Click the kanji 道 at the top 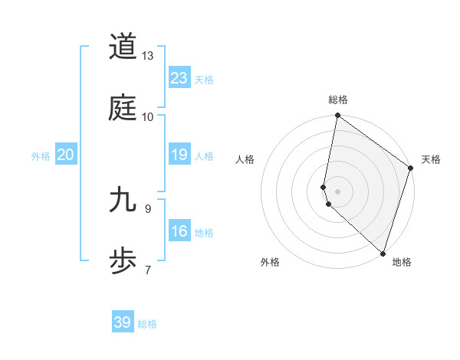point(123,47)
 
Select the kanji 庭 point(123,108)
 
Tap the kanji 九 point(123,200)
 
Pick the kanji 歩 point(123,260)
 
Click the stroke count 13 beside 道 point(148,56)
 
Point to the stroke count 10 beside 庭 point(148,116)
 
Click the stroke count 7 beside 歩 point(148,269)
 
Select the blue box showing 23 point(179,78)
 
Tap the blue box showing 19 point(179,155)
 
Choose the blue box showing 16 point(179,231)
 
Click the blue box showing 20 point(66,155)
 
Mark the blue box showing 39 point(123,322)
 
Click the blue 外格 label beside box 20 point(41,156)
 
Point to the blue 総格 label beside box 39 point(147,324)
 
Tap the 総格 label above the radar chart point(337,100)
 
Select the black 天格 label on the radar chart point(431,159)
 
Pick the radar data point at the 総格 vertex point(337,116)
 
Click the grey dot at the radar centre point(337,190)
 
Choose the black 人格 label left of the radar point(245,159)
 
